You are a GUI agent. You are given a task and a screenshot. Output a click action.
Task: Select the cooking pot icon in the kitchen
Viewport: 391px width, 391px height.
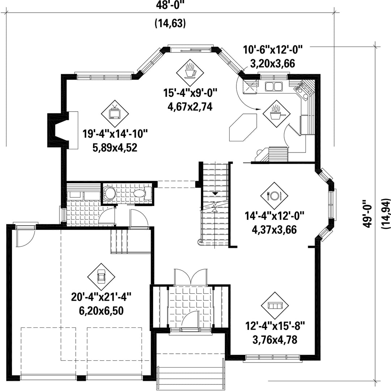[276, 114]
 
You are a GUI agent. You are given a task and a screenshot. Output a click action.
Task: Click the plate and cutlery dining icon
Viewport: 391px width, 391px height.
[274, 195]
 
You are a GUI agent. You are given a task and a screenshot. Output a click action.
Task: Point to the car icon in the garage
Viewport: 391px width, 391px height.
[101, 277]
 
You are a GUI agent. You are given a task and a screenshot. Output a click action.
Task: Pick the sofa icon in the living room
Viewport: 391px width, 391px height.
[274, 305]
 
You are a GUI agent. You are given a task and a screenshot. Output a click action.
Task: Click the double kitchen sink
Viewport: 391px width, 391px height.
[274, 86]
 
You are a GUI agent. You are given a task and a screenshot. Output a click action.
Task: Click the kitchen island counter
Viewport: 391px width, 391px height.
[243, 128]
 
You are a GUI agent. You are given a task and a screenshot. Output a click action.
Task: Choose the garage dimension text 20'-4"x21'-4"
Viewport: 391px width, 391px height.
[101, 297]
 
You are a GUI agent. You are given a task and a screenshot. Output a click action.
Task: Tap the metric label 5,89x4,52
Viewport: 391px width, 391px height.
[115, 148]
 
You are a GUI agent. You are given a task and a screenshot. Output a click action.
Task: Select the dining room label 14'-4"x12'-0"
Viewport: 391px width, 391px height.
[274, 216]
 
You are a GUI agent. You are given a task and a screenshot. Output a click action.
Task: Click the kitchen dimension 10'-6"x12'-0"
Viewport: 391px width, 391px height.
[273, 50]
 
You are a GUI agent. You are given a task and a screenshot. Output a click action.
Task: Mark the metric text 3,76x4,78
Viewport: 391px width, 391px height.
[275, 340]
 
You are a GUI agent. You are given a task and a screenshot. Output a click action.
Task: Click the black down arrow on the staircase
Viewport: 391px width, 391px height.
[215, 193]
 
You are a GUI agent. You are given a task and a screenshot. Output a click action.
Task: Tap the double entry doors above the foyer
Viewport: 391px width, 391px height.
[191, 277]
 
